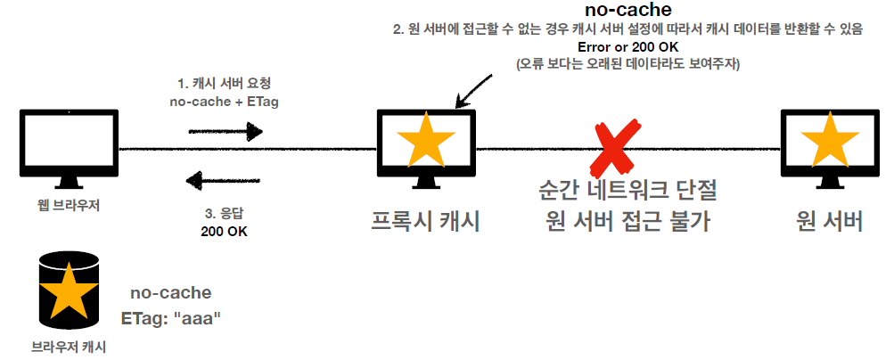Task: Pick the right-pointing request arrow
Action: [226, 132]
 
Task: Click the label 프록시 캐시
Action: [425, 221]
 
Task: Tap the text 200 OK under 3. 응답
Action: [225, 232]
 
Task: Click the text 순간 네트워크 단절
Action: [627, 191]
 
